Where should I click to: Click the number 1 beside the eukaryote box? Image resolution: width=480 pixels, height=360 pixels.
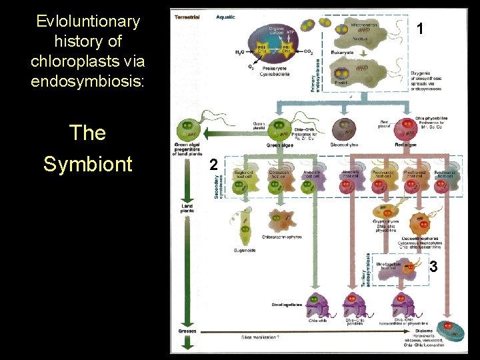coord(419,29)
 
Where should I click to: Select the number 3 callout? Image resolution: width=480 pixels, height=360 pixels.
coord(433,267)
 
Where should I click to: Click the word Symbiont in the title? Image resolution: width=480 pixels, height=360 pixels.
coord(88,163)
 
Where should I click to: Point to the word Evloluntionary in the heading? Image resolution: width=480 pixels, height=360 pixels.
coord(88,21)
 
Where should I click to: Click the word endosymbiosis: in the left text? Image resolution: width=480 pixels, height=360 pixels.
coord(88,82)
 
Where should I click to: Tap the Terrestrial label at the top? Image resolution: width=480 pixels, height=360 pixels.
coord(187,17)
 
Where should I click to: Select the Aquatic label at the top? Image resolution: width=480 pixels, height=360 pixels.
coord(225,17)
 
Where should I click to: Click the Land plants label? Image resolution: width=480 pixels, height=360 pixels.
coord(187,209)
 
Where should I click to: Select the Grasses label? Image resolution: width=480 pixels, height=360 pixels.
coord(187,331)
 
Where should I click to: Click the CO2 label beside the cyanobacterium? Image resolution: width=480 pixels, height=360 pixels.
coord(308,51)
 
